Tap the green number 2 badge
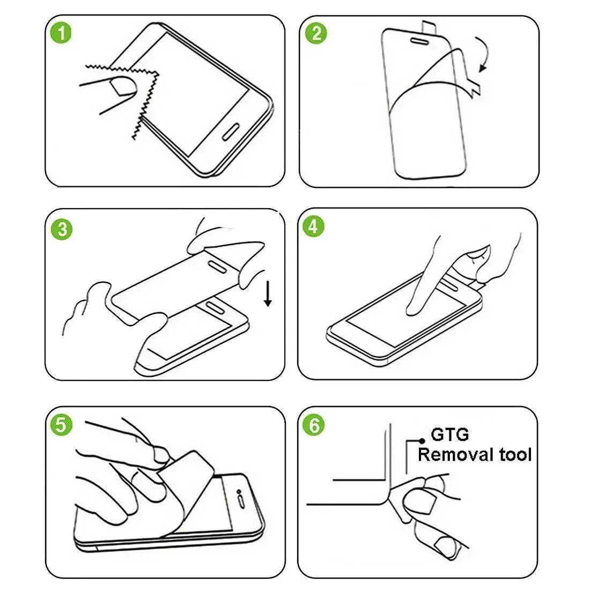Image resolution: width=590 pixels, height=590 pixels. [316, 33]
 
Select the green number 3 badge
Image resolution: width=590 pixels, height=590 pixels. [63, 229]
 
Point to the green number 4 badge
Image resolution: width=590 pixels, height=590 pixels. [314, 226]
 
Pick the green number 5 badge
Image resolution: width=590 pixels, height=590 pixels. [61, 425]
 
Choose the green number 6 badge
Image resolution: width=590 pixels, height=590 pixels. [314, 425]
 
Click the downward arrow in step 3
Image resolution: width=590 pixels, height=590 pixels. [268, 296]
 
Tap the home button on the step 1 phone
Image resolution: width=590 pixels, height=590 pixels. [232, 133]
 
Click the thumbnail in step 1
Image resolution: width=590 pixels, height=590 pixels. [123, 88]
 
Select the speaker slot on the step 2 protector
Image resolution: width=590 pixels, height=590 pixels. [418, 39]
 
